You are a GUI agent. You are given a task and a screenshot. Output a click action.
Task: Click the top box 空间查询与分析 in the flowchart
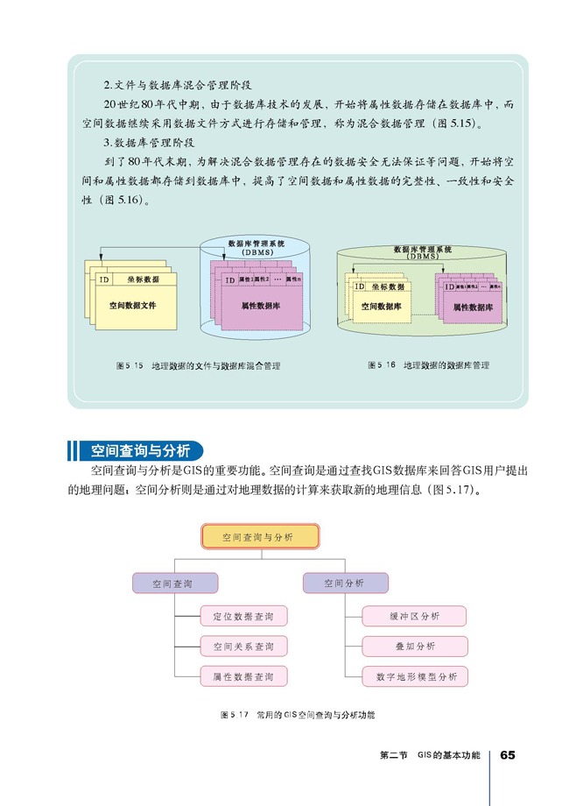pos(260,536)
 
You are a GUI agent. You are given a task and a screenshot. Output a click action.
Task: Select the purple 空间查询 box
pos(174,583)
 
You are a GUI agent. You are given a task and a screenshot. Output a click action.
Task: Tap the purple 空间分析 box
pos(344,583)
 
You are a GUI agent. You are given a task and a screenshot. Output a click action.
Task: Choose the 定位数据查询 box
pos(242,617)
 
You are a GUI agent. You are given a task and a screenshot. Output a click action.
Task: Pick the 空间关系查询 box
pos(242,647)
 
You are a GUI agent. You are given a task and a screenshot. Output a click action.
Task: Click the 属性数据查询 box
pos(242,676)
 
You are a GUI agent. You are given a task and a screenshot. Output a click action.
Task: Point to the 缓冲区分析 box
pos(414,616)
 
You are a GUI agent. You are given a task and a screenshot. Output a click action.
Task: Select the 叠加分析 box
pos(414,647)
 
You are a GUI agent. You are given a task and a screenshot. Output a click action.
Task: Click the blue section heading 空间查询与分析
pos(139,451)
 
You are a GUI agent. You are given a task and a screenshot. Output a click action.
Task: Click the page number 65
pos(509,756)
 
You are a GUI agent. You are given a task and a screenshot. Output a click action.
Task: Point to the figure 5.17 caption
pos(297,716)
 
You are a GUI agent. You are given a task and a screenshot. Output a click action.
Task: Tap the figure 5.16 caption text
pos(428,364)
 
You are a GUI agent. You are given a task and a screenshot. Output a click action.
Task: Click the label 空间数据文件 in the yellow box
pos(132,306)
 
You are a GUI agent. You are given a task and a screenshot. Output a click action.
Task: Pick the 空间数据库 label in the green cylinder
pos(381,307)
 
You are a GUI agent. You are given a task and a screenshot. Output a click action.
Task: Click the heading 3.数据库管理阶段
pos(148,142)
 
